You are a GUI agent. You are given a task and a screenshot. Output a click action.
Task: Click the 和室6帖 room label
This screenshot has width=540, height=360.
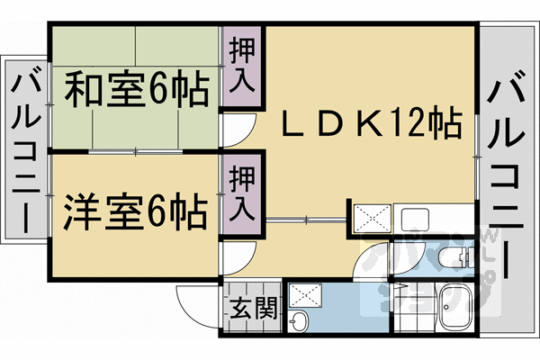coord(136,91)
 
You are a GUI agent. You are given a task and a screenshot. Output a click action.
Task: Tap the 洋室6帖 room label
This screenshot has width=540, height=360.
coord(135,211)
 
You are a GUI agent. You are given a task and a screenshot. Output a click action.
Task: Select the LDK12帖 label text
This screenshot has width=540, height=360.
coord(369,121)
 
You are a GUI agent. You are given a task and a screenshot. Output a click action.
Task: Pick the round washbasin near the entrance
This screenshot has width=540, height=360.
coord(301,322)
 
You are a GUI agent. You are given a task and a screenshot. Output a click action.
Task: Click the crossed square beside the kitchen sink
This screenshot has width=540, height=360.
coord(370,218)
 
